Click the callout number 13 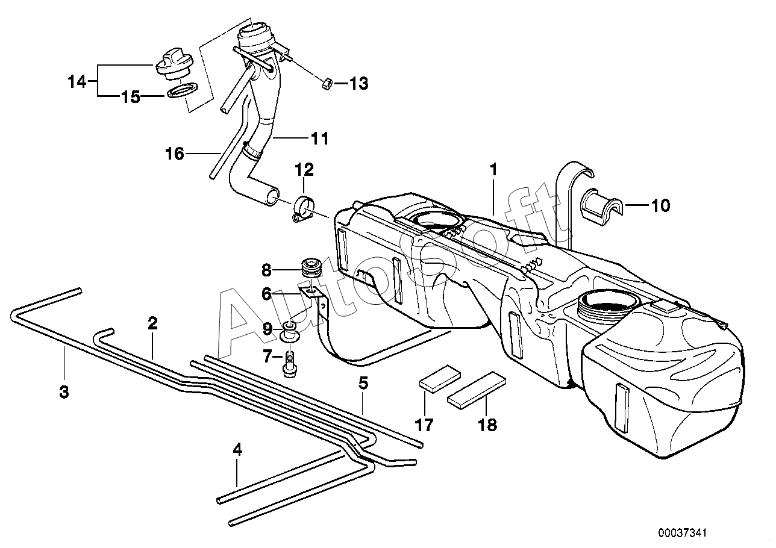click(358, 84)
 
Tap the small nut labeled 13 click(327, 84)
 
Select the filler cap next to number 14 click(172, 72)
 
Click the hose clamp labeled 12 click(302, 209)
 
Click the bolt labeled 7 click(290, 364)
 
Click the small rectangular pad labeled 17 click(440, 378)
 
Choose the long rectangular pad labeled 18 click(477, 390)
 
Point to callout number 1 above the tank click(493, 170)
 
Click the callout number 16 click(175, 154)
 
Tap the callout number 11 click(319, 139)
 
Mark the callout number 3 click(64, 392)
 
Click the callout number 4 click(237, 450)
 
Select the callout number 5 click(363, 383)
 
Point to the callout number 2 click(153, 323)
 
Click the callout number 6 click(266, 294)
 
